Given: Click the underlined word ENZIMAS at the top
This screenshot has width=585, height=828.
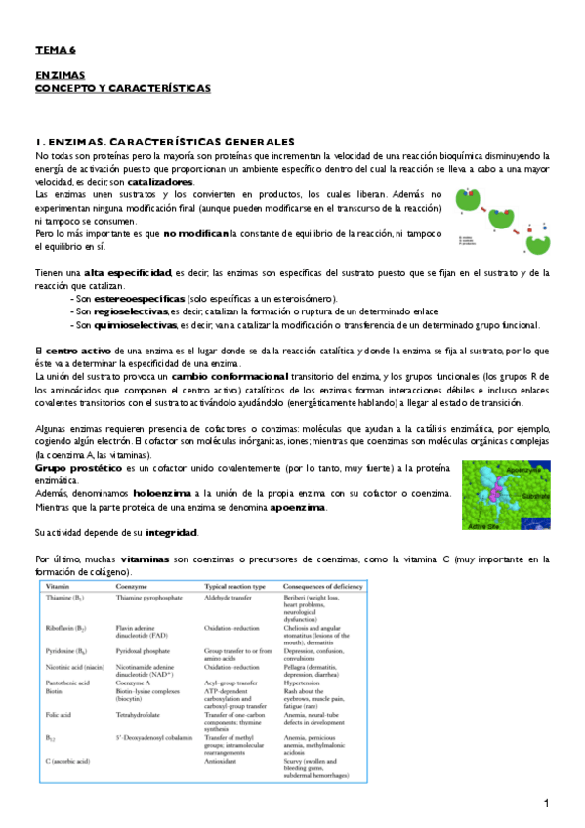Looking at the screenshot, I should click(x=60, y=74).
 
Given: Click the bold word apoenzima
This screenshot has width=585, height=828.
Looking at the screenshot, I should click(x=299, y=508).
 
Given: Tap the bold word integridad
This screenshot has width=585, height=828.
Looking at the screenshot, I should click(x=171, y=533).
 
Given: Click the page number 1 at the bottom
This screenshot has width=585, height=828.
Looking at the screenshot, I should click(x=548, y=804).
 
